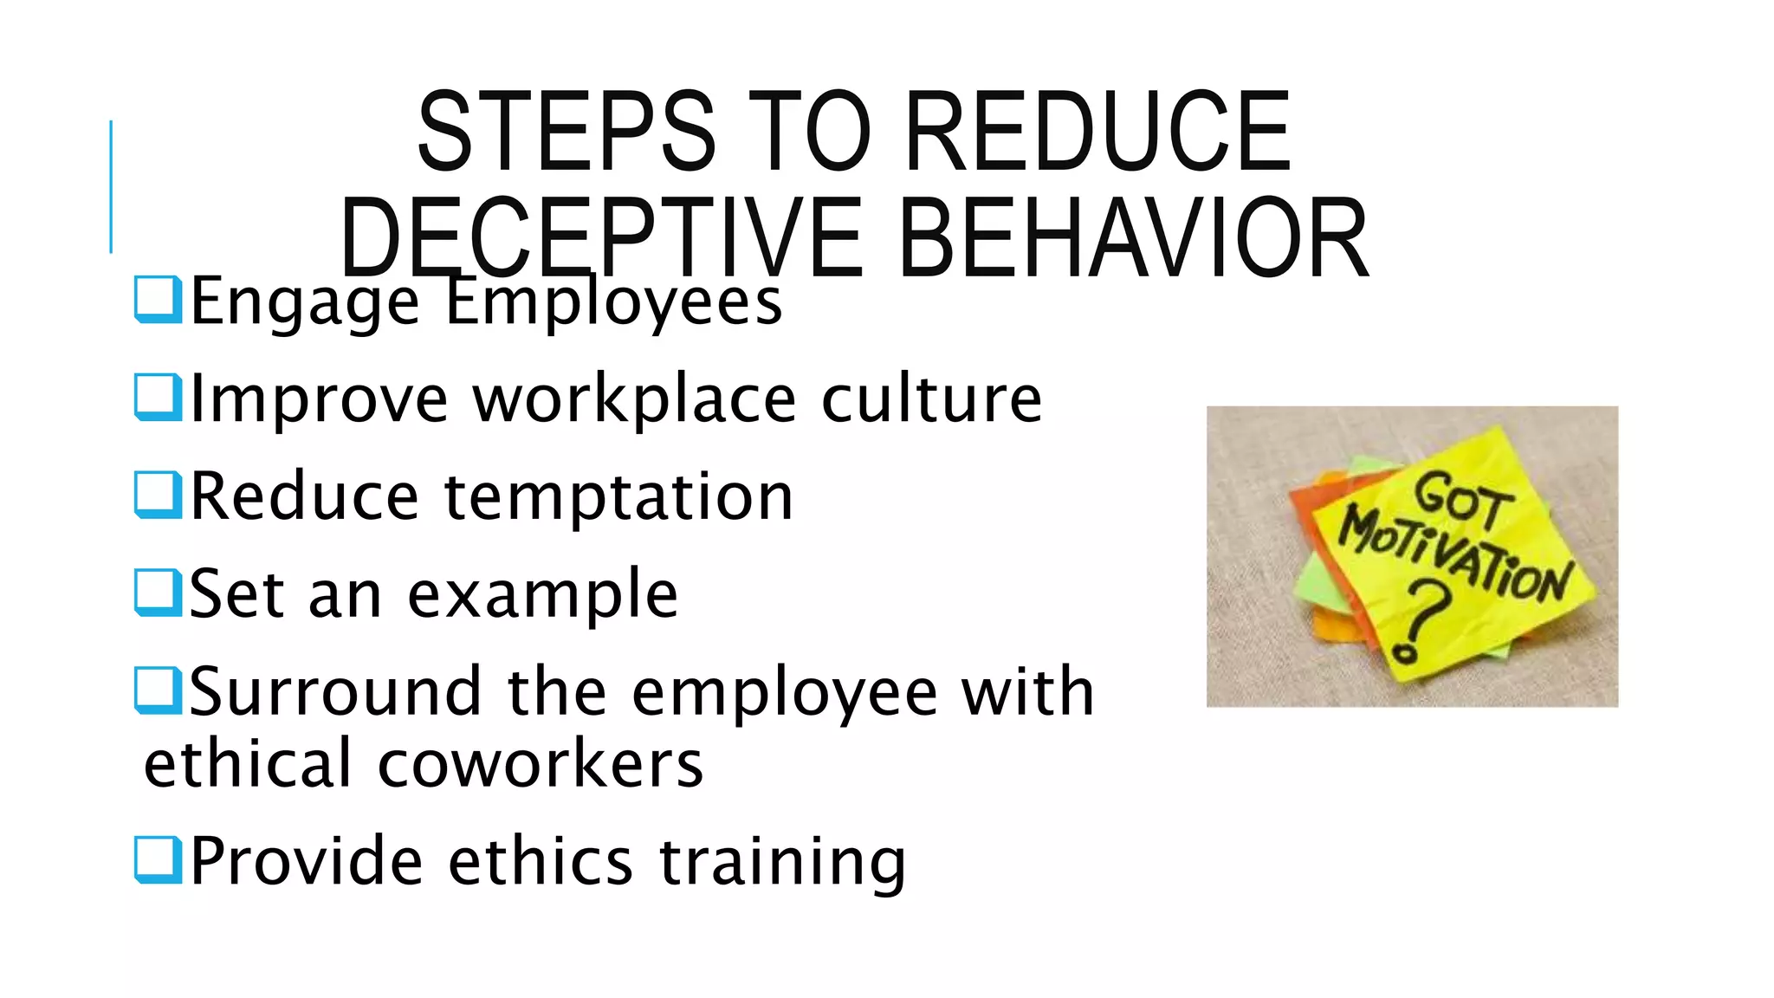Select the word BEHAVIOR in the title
(x=1133, y=238)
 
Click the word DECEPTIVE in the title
(x=601, y=238)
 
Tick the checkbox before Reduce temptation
(x=159, y=495)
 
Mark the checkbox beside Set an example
(x=159, y=593)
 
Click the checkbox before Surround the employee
(x=159, y=690)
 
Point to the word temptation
(x=618, y=497)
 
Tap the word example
(x=542, y=596)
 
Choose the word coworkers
(x=541, y=764)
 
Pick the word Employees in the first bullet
(x=613, y=302)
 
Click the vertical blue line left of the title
(x=111, y=186)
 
